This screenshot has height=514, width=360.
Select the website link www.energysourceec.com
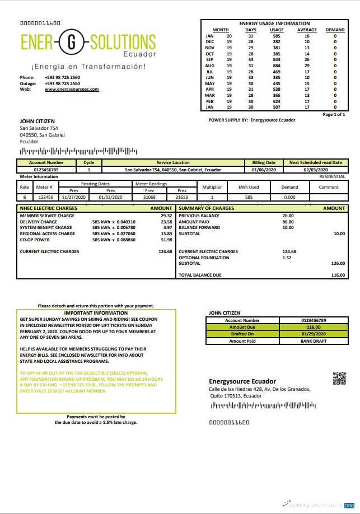(72, 89)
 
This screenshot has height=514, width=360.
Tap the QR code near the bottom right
(339, 379)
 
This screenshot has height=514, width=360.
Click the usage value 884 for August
(277, 66)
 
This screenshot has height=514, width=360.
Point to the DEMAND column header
(335, 30)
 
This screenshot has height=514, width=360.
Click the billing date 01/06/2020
(263, 170)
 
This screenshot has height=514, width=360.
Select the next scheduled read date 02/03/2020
(315, 170)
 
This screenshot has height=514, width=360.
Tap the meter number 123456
(45, 197)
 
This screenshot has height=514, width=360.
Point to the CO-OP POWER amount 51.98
(166, 240)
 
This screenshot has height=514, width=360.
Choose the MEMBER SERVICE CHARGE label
(47, 216)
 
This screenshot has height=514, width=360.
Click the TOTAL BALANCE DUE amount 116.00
(338, 275)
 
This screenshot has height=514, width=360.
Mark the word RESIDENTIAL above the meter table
(332, 176)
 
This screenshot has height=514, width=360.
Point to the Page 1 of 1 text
(334, 114)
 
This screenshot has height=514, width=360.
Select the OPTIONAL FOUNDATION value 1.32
(287, 258)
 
